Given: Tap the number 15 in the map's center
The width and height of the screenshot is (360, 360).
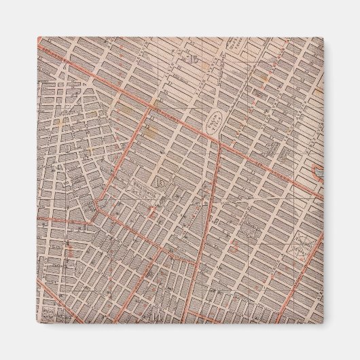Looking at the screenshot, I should pos(161,183).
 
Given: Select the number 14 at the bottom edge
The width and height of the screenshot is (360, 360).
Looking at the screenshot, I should pos(159,314).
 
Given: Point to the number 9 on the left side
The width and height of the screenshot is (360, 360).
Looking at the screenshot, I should pos(70,145).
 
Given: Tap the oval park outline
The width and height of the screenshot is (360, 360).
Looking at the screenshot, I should pos(216,123).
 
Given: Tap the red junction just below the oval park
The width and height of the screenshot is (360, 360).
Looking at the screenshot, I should pos(219,142).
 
